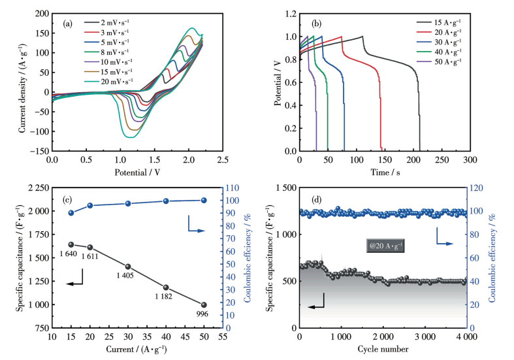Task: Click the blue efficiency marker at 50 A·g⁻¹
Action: [204, 201]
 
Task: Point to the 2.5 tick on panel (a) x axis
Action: [223, 159]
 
